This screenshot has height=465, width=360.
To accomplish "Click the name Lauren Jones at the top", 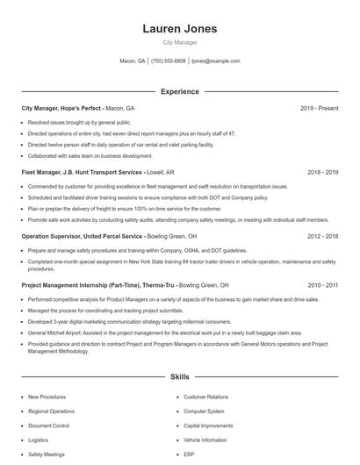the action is [x=179, y=28].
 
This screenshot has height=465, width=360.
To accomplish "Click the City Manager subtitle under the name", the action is [x=179, y=42].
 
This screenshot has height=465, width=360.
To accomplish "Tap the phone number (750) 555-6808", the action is [x=168, y=61].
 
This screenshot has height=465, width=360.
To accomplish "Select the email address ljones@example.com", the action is [x=215, y=61].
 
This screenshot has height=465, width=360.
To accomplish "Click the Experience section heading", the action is [x=179, y=91].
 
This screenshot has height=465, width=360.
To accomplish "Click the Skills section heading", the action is [x=179, y=377].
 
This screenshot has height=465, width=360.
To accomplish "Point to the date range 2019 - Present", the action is [x=319, y=108].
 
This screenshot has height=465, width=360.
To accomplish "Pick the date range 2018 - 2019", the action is [x=322, y=173].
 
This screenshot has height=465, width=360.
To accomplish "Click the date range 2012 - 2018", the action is [x=322, y=236].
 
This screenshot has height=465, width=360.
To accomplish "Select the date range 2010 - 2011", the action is [x=322, y=285].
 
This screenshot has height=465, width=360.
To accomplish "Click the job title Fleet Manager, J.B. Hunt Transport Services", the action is [x=82, y=173].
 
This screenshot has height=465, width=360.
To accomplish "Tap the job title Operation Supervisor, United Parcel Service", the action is [x=82, y=236].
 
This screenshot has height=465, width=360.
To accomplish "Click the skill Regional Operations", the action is [x=51, y=411].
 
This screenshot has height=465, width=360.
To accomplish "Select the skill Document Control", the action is [x=48, y=426].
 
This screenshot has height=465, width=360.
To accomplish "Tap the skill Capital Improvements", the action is [x=208, y=426].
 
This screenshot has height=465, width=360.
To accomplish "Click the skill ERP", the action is [x=189, y=454].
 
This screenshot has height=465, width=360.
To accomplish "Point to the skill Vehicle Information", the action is [x=205, y=440].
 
